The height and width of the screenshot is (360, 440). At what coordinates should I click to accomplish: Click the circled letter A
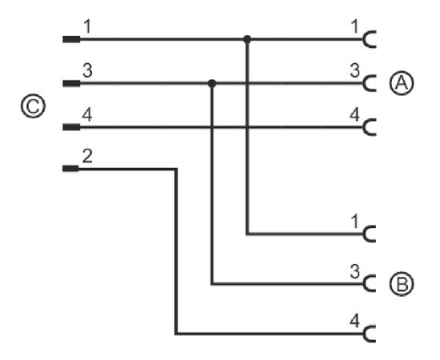pyautogui.click(x=402, y=83)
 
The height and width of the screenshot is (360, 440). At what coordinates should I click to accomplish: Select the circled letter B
pyautogui.click(x=402, y=284)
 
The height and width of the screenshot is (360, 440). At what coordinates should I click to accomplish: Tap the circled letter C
pyautogui.click(x=33, y=106)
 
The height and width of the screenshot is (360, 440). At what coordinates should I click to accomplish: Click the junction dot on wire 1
pyautogui.click(x=247, y=39)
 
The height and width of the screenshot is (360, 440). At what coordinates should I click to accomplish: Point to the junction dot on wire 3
pyautogui.click(x=212, y=83)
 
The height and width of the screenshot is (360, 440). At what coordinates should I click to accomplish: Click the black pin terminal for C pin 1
pyautogui.click(x=71, y=39)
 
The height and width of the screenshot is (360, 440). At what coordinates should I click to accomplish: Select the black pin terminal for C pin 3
pyautogui.click(x=71, y=83)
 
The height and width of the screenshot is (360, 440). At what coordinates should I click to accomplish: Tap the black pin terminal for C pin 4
pyautogui.click(x=71, y=127)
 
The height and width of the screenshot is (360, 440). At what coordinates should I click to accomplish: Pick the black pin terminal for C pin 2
pyautogui.click(x=70, y=168)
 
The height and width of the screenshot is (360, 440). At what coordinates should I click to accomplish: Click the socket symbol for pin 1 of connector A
pyautogui.click(x=364, y=39)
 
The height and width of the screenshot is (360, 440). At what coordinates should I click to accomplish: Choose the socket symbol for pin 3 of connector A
pyautogui.click(x=364, y=83)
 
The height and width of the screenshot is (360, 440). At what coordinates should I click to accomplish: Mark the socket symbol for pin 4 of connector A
pyautogui.click(x=364, y=127)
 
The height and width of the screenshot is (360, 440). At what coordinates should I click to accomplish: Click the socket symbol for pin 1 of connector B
pyautogui.click(x=364, y=234)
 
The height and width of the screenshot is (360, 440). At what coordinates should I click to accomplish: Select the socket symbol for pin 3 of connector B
pyautogui.click(x=364, y=284)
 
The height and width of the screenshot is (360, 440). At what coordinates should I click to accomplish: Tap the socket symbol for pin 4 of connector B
pyautogui.click(x=364, y=334)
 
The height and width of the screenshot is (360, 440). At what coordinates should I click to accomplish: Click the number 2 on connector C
pyautogui.click(x=87, y=156)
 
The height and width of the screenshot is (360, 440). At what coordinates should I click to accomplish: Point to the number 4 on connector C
pyautogui.click(x=87, y=115)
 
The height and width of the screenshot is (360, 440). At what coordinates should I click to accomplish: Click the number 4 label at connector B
pyautogui.click(x=354, y=321)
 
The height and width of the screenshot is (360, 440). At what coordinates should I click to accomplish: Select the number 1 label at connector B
pyautogui.click(x=355, y=222)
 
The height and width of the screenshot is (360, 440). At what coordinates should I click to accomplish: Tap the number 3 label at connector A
pyautogui.click(x=355, y=70)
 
